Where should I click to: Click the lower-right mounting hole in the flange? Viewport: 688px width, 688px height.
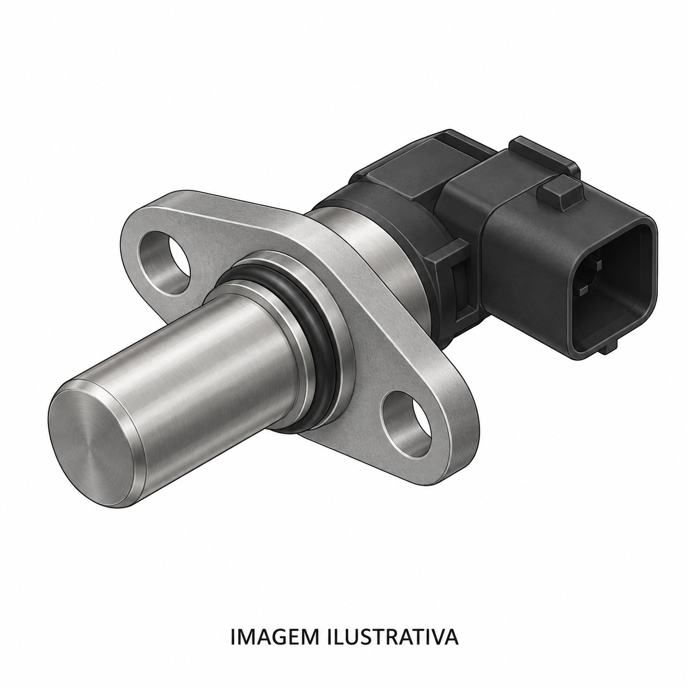pyautogui.click(x=407, y=425)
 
